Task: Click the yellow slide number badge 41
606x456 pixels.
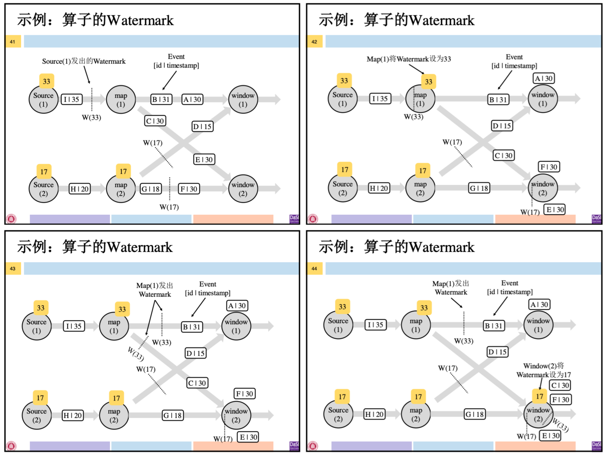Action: click(x=13, y=41)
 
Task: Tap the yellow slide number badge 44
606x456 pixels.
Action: click(x=314, y=268)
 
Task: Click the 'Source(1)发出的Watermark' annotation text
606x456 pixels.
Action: click(x=84, y=61)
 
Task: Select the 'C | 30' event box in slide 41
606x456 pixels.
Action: click(x=155, y=121)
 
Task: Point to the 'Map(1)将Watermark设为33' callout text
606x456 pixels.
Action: click(x=409, y=59)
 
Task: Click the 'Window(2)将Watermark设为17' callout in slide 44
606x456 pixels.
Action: click(x=544, y=370)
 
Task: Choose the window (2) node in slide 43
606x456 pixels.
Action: click(x=236, y=415)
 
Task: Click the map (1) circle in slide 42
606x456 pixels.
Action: click(x=421, y=99)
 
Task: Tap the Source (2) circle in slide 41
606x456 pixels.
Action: click(x=43, y=189)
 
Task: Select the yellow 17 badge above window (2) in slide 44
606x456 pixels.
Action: click(x=540, y=396)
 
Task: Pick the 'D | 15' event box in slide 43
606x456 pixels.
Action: click(x=195, y=353)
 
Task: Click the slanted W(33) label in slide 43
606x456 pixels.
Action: click(x=136, y=354)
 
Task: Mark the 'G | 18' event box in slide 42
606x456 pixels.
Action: click(x=479, y=188)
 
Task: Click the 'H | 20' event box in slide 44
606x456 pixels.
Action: click(x=374, y=414)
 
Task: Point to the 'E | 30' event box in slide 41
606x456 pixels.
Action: click(x=204, y=159)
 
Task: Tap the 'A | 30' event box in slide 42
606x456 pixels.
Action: click(x=544, y=78)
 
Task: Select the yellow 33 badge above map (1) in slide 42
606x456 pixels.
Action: click(x=429, y=82)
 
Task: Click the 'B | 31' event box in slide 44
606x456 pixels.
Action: click(x=493, y=325)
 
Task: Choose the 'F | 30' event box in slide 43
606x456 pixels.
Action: click(x=245, y=394)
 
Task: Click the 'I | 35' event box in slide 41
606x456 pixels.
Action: click(x=72, y=99)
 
